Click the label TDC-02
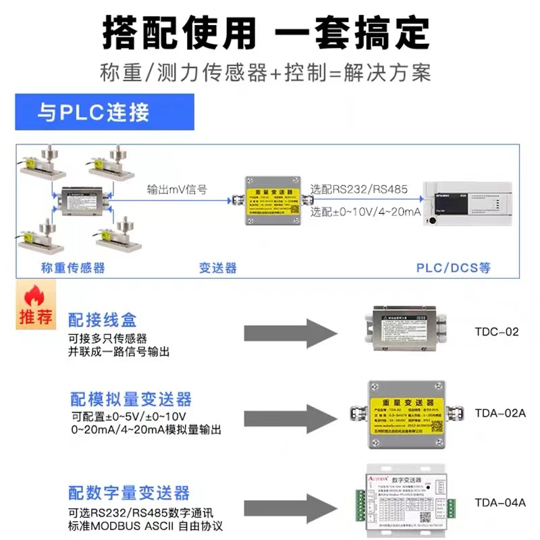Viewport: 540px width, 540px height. (497, 332)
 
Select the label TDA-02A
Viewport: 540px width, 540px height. (500, 412)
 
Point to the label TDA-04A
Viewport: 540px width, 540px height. (500, 502)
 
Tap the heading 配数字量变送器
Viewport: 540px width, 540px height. (129, 493)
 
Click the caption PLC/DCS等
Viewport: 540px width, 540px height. (453, 267)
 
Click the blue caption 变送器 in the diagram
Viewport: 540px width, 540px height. (217, 267)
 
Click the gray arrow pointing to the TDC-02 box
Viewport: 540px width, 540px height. (290, 331)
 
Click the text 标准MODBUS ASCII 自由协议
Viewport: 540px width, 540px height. (146, 525)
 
